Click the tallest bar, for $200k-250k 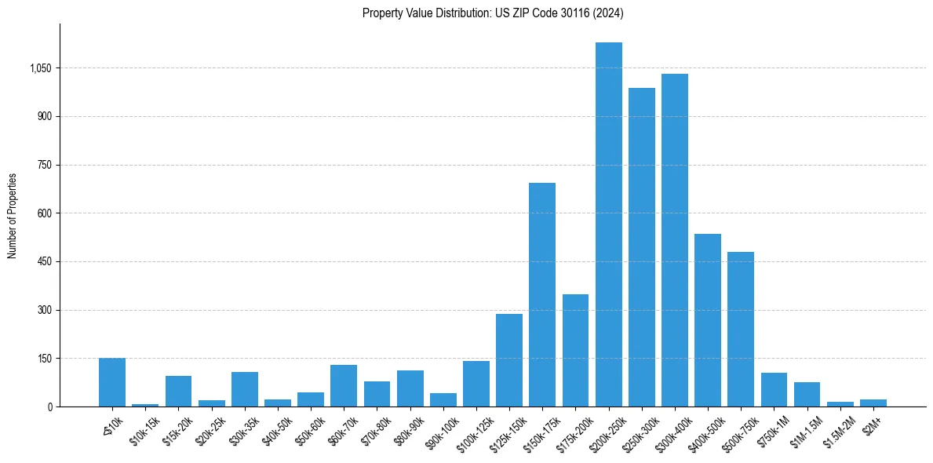pos(608,224)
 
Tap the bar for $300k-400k pos(675,240)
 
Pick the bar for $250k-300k pos(642,247)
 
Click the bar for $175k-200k pos(575,350)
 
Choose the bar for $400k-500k pos(708,320)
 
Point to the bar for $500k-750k pos(741,329)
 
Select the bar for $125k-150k pos(509,360)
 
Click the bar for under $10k pos(112,382)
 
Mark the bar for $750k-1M pos(774,389)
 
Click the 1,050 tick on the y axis pos(40,68)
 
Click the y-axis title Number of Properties pos(13,215)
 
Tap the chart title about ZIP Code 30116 pos(493,13)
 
